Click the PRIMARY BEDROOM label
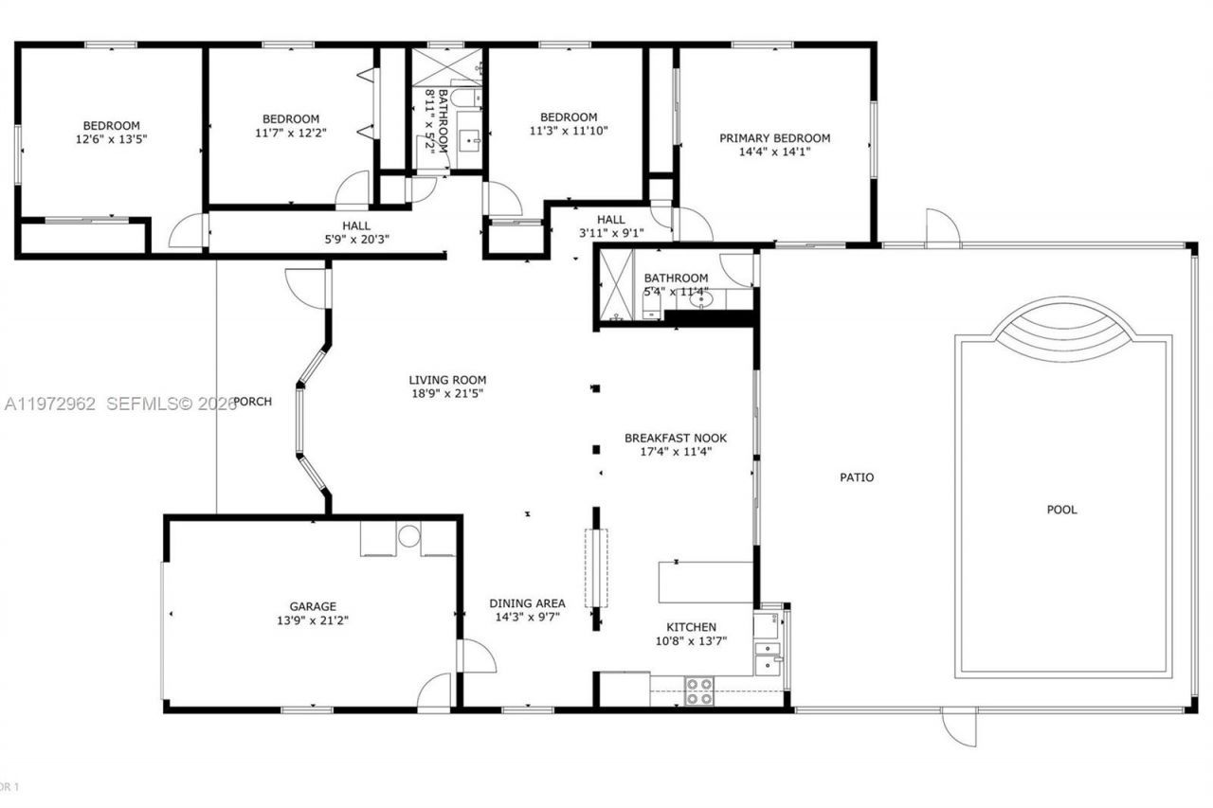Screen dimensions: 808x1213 pyautogui.click(x=774, y=138)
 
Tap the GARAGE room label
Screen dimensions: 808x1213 pyautogui.click(x=313, y=606)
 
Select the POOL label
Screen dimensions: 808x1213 pyautogui.click(x=1061, y=510)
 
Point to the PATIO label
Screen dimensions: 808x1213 pyautogui.click(x=857, y=477)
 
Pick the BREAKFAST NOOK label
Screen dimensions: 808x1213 pyautogui.click(x=675, y=438)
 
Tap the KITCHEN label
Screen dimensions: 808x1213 pyautogui.click(x=691, y=627)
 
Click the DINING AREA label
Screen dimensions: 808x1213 pyautogui.click(x=527, y=603)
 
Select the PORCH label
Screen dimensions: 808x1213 pyautogui.click(x=253, y=402)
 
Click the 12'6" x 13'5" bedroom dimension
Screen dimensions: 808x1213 pyautogui.click(x=111, y=138)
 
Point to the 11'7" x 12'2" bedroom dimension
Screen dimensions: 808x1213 pyautogui.click(x=290, y=132)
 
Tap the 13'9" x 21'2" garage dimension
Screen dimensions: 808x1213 pyautogui.click(x=313, y=620)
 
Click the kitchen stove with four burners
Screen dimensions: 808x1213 pyautogui.click(x=699, y=691)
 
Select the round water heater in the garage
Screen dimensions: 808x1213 pyautogui.click(x=408, y=536)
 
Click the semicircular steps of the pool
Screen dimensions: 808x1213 pyautogui.click(x=1062, y=327)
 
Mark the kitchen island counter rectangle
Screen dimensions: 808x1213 pyautogui.click(x=706, y=582)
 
